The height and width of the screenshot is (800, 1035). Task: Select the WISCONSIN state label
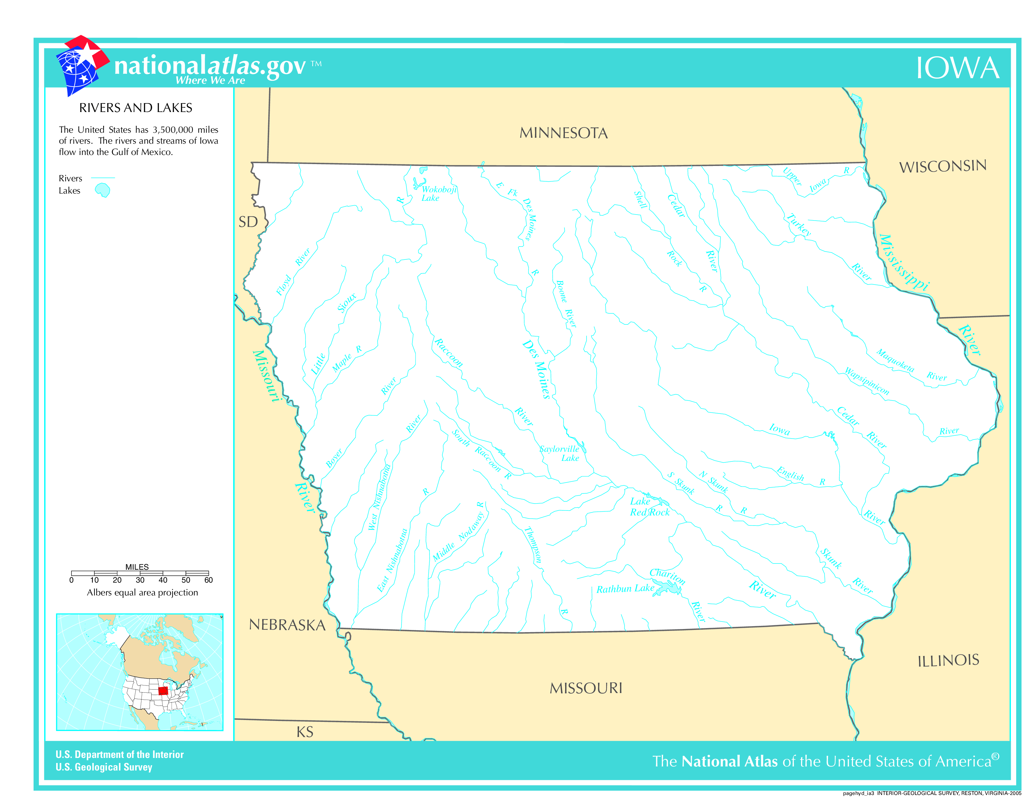pyautogui.click(x=942, y=166)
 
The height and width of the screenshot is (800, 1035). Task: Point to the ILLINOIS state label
pyautogui.click(x=948, y=660)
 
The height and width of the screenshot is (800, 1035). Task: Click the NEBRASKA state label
pyautogui.click(x=287, y=625)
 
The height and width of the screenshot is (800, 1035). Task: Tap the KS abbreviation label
pyautogui.click(x=305, y=732)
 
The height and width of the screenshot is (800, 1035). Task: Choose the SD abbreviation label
pyautogui.click(x=248, y=222)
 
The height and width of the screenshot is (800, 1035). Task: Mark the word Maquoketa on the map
pyautogui.click(x=895, y=360)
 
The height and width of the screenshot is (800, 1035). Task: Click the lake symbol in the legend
pyautogui.click(x=102, y=190)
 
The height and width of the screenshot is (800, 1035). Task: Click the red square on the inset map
pyautogui.click(x=163, y=691)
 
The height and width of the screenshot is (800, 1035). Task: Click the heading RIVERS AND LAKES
pyautogui.click(x=135, y=108)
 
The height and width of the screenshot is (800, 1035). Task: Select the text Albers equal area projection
pyautogui.click(x=142, y=592)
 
